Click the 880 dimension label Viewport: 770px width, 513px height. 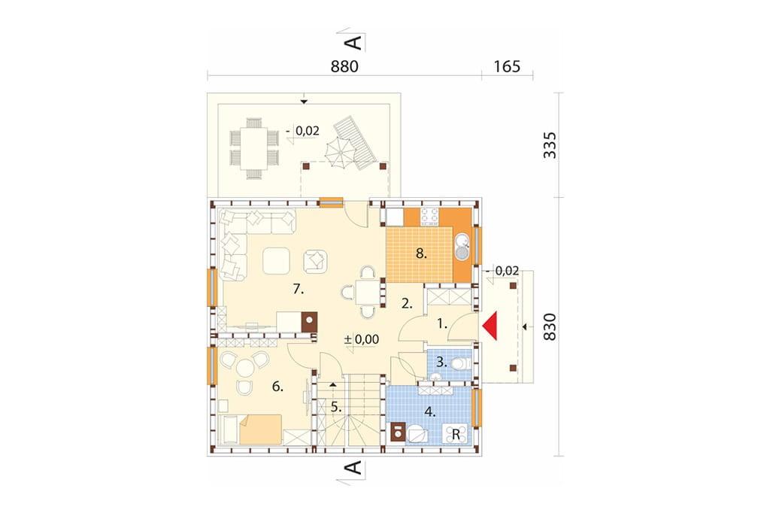344,66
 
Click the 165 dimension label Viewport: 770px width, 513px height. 507,66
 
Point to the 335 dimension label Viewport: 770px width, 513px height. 550,145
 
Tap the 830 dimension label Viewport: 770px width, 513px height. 550,326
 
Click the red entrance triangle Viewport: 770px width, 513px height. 491,326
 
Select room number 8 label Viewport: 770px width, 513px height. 421,253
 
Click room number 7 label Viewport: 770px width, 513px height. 298,289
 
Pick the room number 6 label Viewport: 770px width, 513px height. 277,387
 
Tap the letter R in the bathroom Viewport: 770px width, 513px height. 456,434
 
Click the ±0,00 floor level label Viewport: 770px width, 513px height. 362,339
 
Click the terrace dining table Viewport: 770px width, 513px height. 254,148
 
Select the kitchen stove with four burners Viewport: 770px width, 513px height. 429,217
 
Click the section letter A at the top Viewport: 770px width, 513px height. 354,42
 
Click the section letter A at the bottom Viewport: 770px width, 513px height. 354,468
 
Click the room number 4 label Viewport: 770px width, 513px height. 429,411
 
